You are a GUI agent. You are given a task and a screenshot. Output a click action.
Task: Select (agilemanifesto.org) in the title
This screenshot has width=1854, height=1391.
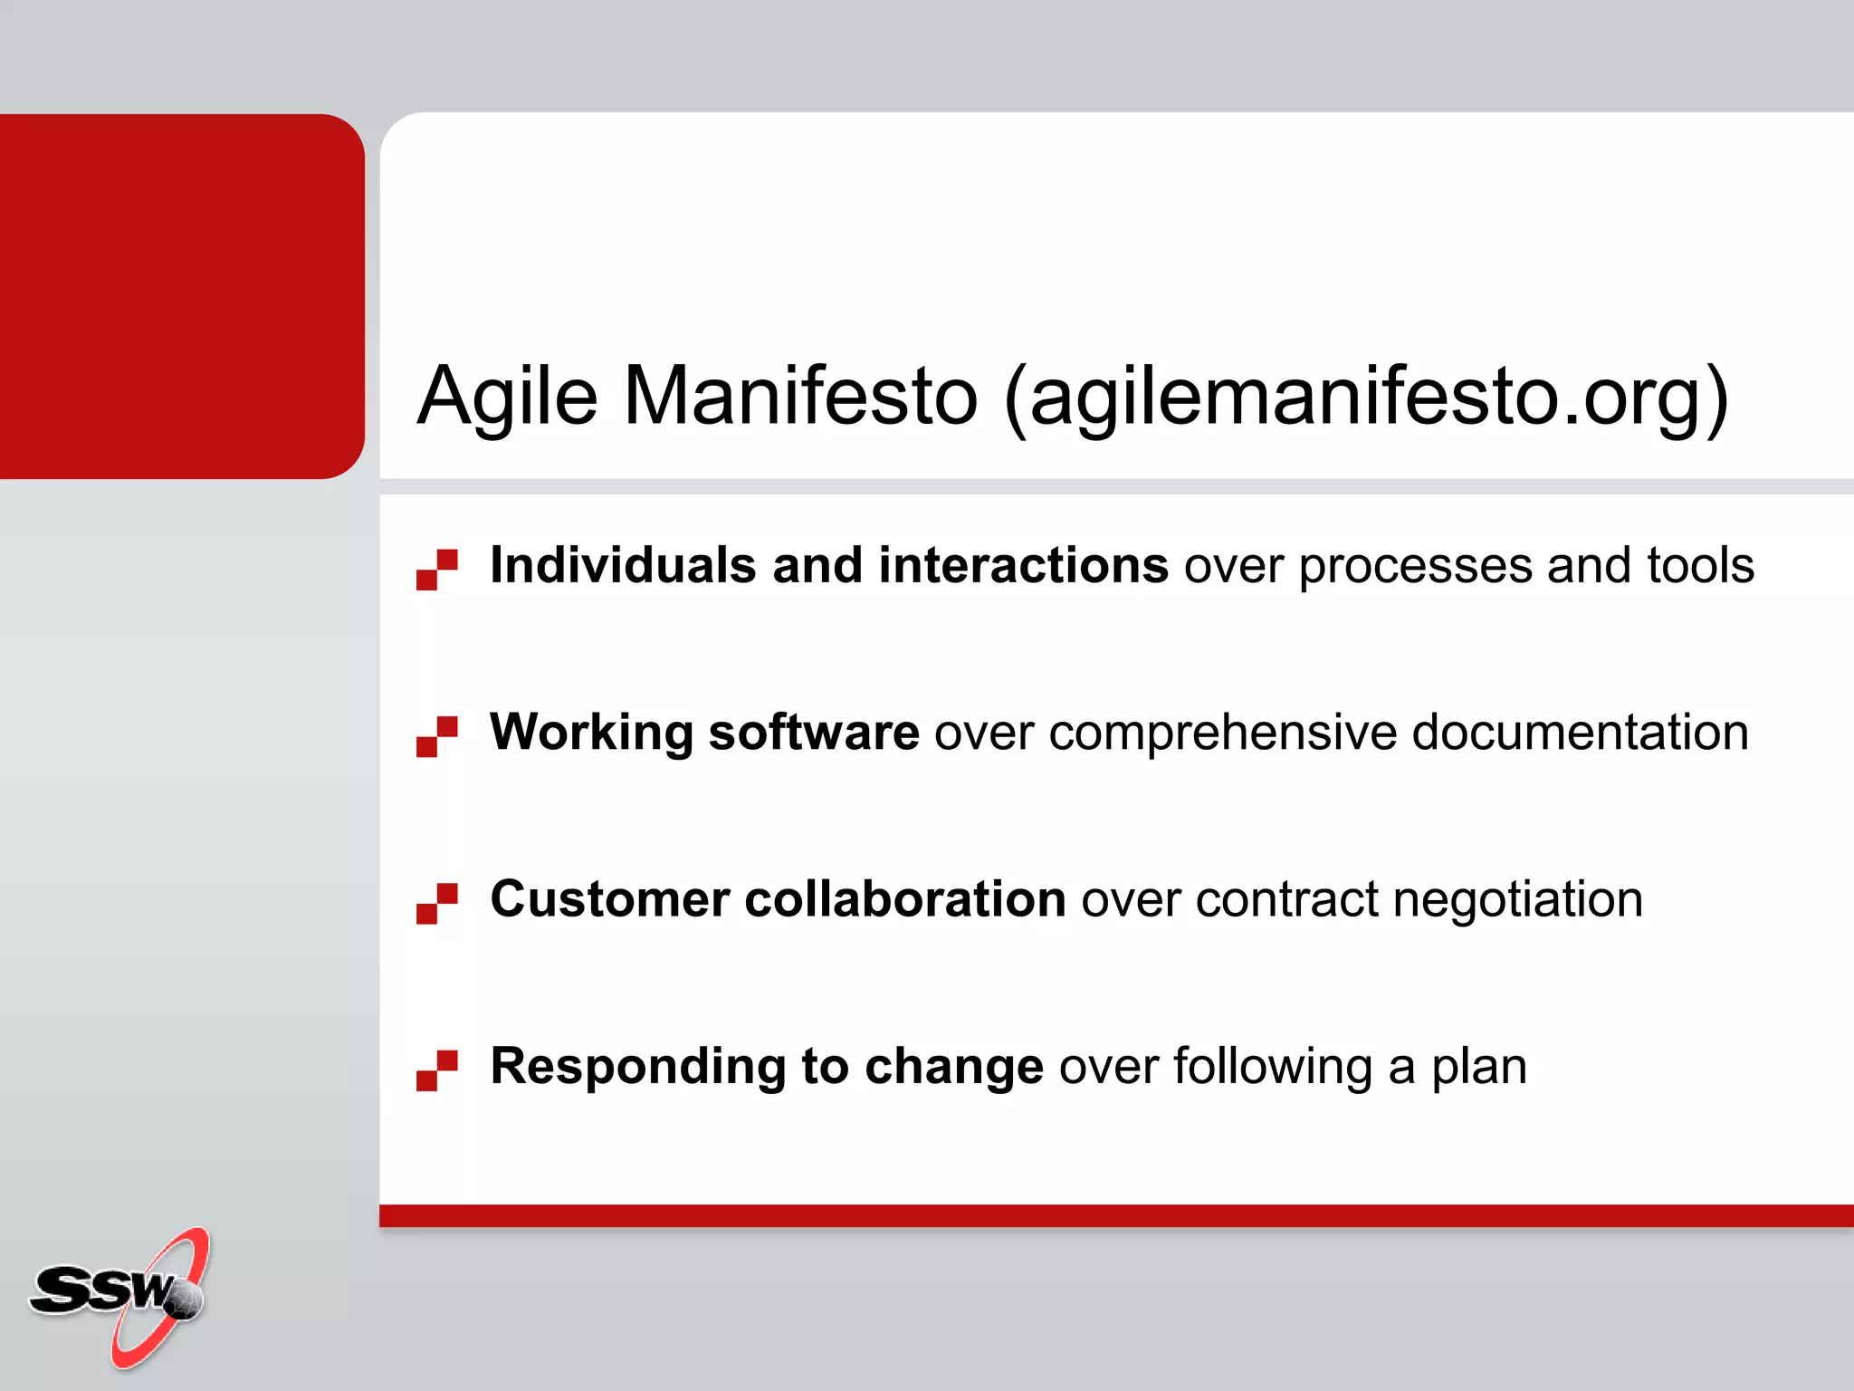1367,398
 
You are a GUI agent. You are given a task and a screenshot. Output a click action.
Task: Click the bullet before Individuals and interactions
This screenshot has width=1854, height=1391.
437,570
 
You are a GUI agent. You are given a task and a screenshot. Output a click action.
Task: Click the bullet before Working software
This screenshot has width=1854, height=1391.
437,736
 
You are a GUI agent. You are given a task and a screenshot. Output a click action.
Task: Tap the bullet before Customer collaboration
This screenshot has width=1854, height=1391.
437,903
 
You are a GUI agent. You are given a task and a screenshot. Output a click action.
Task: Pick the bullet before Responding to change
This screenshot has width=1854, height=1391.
437,1070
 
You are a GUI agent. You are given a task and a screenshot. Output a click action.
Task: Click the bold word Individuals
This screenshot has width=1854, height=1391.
623,566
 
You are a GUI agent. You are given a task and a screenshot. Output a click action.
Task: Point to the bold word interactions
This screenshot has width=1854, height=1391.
1023,566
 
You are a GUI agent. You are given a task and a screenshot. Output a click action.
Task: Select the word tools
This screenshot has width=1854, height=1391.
1700,566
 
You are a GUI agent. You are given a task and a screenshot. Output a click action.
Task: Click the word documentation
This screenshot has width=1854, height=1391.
1580,733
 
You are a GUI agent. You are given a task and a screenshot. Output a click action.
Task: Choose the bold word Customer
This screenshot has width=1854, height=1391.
609,899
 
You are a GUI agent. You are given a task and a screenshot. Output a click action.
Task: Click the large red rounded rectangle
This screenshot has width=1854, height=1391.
181,296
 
